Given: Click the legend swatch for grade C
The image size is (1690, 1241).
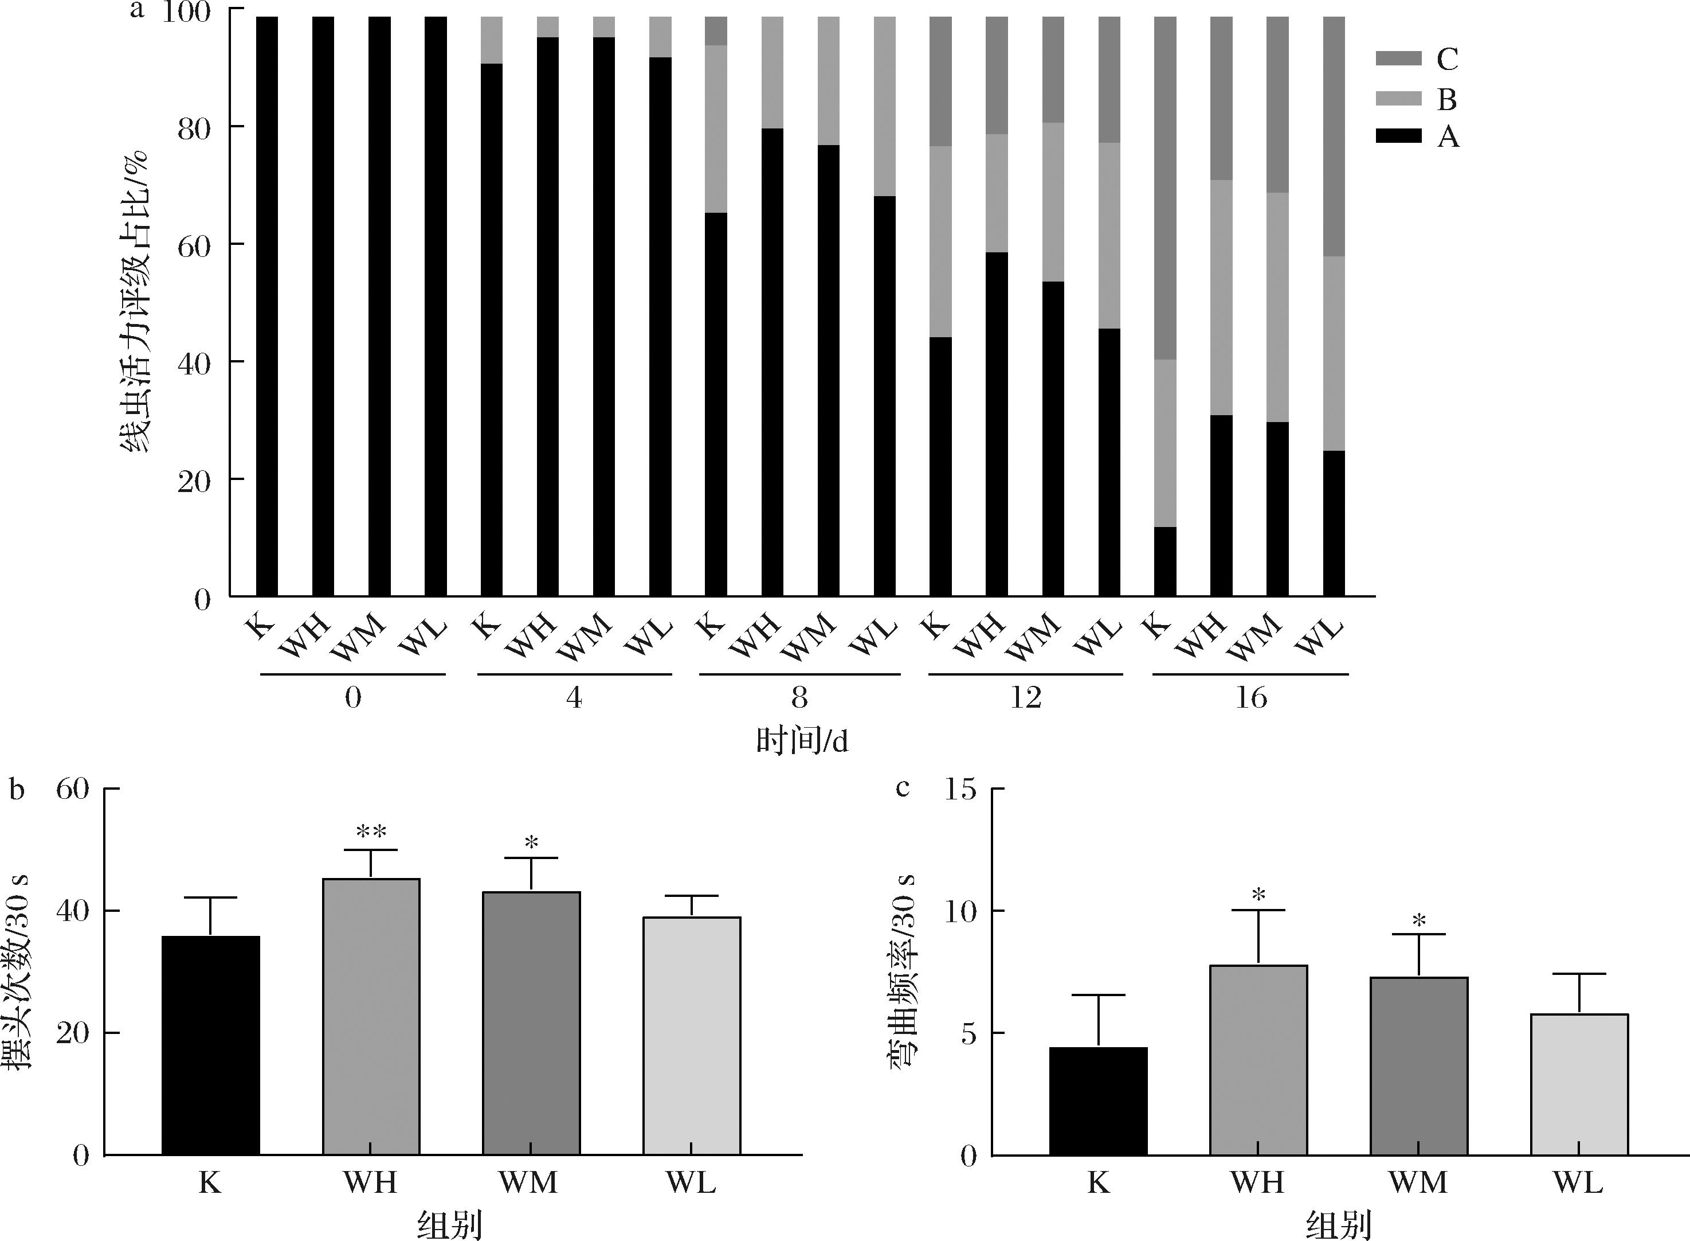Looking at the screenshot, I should point(1398,58).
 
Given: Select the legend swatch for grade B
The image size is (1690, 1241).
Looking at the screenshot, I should point(1398,99).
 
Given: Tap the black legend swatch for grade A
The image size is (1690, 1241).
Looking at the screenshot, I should point(1398,136).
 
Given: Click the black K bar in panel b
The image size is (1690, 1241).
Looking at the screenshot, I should point(210,1045).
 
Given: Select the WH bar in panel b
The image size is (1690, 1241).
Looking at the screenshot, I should point(371,1016).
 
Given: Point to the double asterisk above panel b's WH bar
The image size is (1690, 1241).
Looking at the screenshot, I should point(371,832).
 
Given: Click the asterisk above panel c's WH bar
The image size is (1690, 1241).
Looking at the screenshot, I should point(1259,895).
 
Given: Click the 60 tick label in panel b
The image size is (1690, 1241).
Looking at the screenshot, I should point(73,789).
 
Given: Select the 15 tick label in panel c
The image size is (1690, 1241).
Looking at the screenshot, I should point(959,789).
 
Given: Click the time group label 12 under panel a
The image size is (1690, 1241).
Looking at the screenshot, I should point(1025,698).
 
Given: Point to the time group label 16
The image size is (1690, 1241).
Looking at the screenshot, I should point(1250,698).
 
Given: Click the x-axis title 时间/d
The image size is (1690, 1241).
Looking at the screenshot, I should point(802,742).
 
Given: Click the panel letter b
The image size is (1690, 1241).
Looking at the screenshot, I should point(17,789).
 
